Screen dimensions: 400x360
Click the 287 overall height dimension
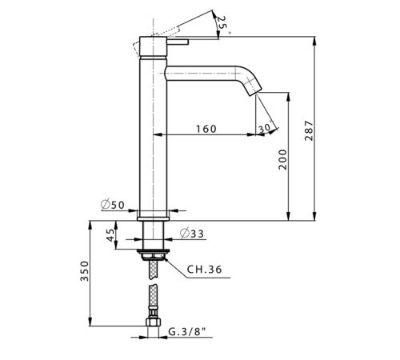(309, 130)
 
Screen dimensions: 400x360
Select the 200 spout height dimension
(282, 159)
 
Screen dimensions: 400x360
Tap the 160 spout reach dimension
(206, 129)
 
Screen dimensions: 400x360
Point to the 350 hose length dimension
(85, 271)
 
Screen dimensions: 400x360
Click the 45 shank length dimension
(111, 235)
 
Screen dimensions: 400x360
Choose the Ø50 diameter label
(113, 205)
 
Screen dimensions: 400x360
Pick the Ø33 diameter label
(192, 234)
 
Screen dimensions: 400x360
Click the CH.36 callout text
(204, 270)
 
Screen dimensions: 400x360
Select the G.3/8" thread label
(187, 332)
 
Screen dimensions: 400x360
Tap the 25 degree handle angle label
(222, 22)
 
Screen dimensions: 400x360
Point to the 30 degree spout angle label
(265, 128)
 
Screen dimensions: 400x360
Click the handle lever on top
(178, 42)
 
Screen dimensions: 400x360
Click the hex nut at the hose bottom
(153, 322)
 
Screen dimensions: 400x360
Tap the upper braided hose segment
(153, 270)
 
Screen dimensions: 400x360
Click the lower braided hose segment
(153, 297)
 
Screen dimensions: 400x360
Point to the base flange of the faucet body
(153, 219)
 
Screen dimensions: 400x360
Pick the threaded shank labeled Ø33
(153, 235)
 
